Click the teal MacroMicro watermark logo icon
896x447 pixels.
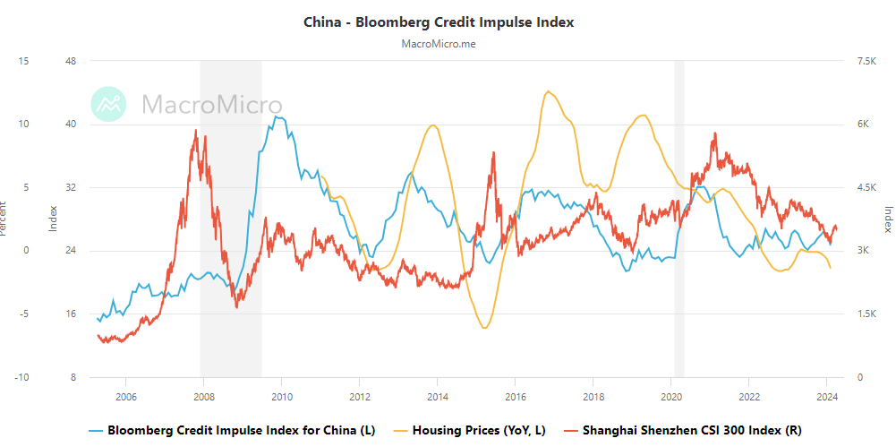(109, 105)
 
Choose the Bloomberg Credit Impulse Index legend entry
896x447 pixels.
(241, 431)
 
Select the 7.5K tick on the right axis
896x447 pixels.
(866, 61)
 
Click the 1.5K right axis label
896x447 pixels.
(866, 314)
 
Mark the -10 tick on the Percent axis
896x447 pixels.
(22, 377)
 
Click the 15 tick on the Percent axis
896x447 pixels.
(24, 61)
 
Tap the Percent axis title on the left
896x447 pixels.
(4, 219)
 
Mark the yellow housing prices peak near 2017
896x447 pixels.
(549, 91)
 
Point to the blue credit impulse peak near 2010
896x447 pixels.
(278, 116)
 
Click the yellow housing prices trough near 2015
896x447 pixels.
(484, 328)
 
